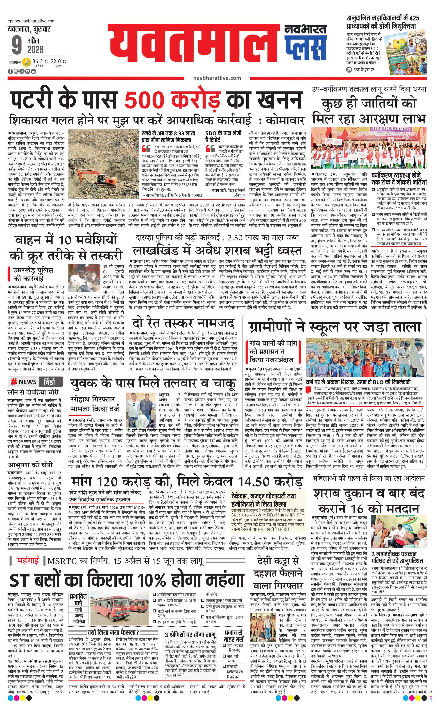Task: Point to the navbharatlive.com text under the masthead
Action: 217,78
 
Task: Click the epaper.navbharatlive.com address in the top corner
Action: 32,21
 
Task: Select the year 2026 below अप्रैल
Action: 35,50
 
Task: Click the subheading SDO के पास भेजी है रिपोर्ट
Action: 223,136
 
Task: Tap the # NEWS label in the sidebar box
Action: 24,382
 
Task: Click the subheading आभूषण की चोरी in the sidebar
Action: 30,465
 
